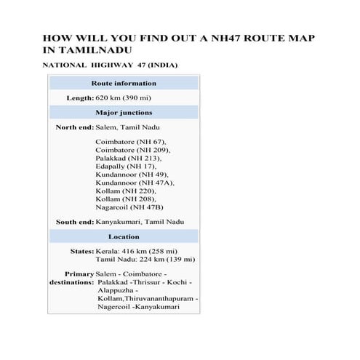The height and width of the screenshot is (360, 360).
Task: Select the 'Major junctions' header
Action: click(x=124, y=113)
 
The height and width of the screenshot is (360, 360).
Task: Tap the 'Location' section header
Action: click(x=124, y=236)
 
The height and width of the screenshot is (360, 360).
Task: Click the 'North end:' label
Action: click(x=74, y=127)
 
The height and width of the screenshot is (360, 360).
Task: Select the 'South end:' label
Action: click(x=74, y=221)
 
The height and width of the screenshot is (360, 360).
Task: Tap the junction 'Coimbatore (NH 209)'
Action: click(x=132, y=150)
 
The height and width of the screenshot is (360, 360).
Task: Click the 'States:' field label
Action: click(x=81, y=251)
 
